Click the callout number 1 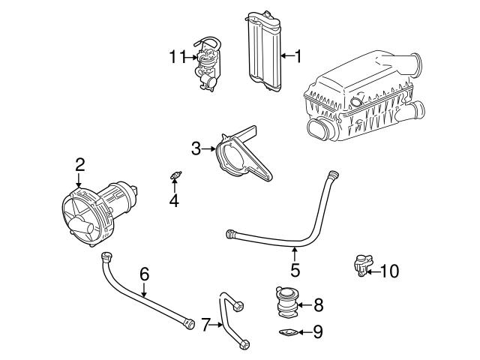[x=297, y=55]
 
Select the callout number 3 [x=196, y=148]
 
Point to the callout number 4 [x=174, y=200]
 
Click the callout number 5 [x=295, y=269]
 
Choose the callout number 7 [x=205, y=325]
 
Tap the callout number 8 [x=318, y=304]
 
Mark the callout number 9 [x=318, y=330]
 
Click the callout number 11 [x=176, y=55]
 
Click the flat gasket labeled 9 [x=287, y=332]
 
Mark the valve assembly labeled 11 [x=207, y=64]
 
